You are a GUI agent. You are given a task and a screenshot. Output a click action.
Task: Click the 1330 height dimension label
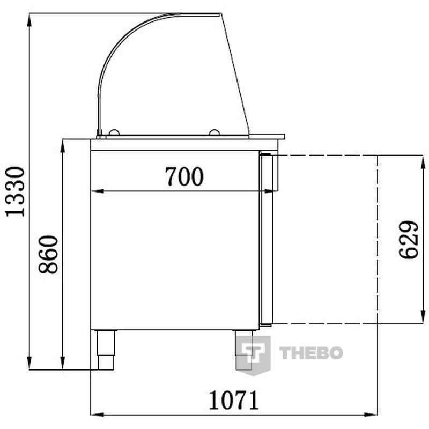point(16,191)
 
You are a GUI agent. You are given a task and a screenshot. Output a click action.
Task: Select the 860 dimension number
point(48,254)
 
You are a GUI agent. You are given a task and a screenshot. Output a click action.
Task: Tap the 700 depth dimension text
point(184,176)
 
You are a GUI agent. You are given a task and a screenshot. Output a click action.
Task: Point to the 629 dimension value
point(408,240)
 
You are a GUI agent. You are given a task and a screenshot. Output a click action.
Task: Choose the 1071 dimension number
point(234,401)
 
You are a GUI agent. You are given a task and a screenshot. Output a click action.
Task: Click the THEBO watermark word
point(311,353)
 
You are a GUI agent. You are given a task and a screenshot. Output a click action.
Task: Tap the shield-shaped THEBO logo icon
point(253,355)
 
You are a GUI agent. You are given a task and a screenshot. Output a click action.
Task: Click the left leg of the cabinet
point(106,350)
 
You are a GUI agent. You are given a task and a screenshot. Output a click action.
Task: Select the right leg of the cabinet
point(244,350)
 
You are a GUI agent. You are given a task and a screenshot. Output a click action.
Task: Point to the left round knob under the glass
point(114,132)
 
